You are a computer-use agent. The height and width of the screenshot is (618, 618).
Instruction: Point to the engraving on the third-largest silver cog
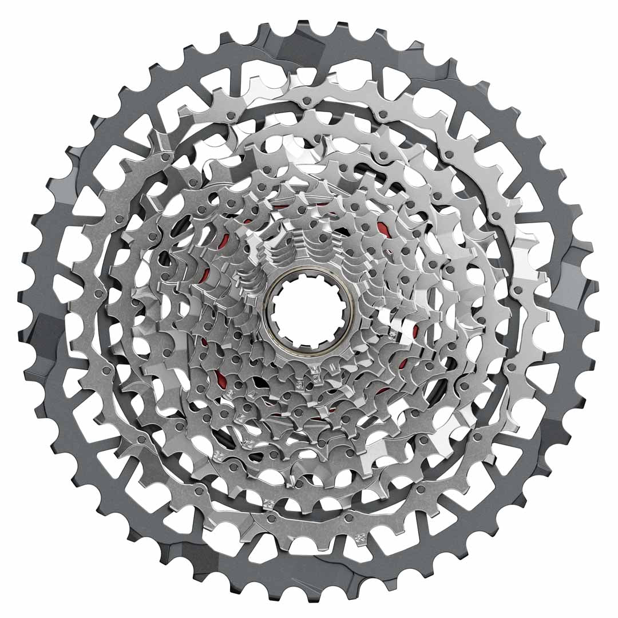(x=218, y=454)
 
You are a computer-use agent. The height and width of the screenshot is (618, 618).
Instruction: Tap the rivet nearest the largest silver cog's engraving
(x=349, y=518)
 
